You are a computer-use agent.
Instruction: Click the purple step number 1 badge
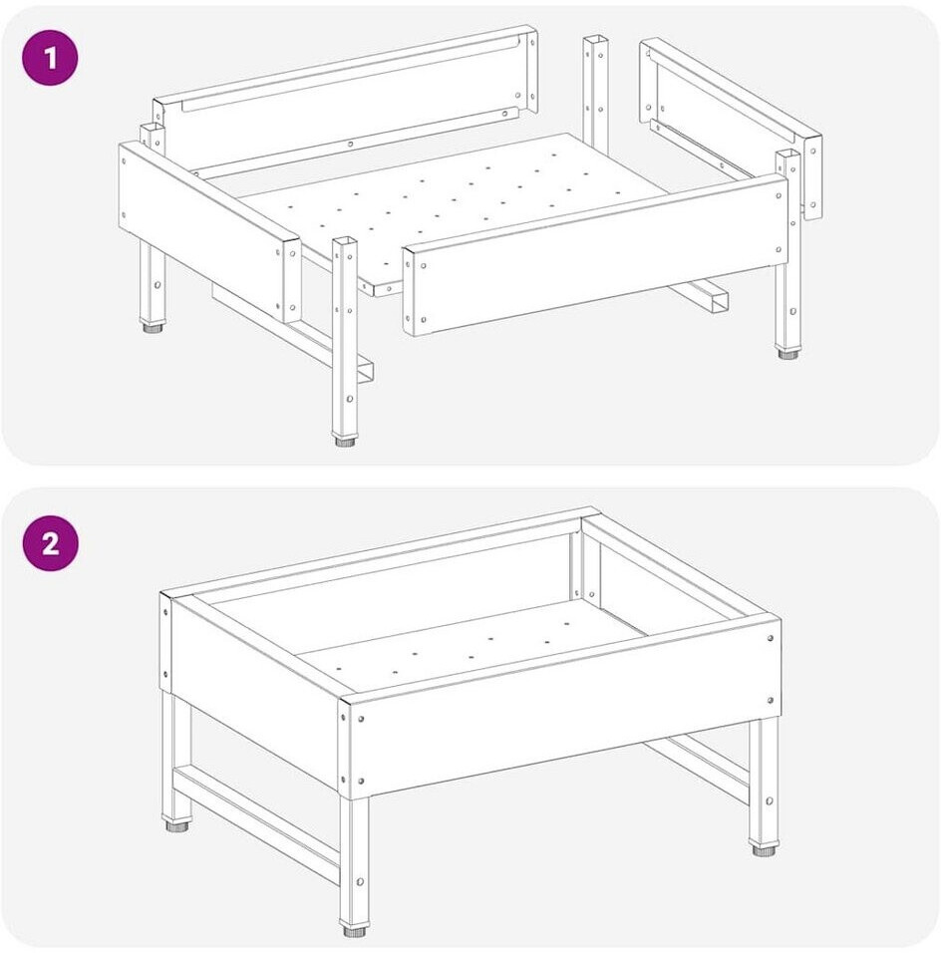pos(51,59)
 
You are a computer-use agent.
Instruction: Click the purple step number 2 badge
pos(51,542)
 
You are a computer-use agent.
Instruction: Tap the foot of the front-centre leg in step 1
pos(345,441)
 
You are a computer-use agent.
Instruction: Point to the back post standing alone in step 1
pos(596,96)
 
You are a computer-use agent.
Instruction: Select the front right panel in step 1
pos(596,255)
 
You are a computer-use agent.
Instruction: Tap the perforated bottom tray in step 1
pos(426,212)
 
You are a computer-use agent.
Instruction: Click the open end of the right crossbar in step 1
pos(717,300)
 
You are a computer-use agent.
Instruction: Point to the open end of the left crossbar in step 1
pos(365,372)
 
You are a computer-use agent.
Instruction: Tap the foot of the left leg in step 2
pos(176,825)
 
